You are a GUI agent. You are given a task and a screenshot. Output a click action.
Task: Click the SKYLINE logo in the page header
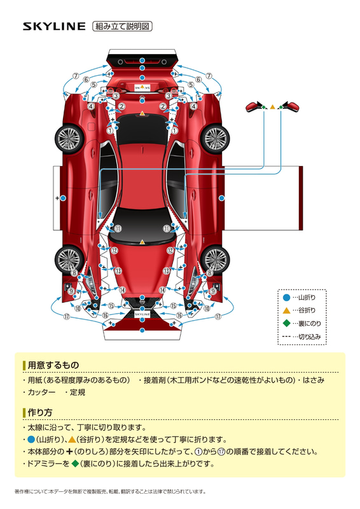coord(54,26)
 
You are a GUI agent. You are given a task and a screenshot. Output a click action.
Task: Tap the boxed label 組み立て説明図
coord(122,26)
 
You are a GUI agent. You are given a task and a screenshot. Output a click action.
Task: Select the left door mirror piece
coord(256,106)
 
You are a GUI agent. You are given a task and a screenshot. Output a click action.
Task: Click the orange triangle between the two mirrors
coord(273,107)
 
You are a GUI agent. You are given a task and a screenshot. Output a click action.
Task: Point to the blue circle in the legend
coord(286,297)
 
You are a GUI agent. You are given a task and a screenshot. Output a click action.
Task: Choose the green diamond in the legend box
coord(286,323)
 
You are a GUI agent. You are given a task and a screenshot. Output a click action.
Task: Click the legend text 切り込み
coord(309,337)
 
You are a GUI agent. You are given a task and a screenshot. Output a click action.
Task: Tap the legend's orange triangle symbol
coord(286,310)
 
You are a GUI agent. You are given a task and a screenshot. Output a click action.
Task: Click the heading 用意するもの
coord(53,365)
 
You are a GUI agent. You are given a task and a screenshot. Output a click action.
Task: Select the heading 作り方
coord(40,412)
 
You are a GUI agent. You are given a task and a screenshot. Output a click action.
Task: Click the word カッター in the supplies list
coord(41,392)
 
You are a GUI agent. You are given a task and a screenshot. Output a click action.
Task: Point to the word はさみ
coord(314,380)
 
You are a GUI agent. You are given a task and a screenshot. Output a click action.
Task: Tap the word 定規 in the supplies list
coord(77,392)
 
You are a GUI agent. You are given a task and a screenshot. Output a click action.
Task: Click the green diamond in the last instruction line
coord(75,464)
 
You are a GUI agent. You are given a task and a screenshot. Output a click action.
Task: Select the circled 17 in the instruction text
coord(221,452)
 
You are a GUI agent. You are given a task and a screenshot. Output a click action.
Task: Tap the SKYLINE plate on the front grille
coord(142,314)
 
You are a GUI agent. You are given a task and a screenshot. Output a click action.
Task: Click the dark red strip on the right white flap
coord(301,198)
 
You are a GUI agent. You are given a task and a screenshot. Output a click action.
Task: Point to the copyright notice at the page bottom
coord(111,491)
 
